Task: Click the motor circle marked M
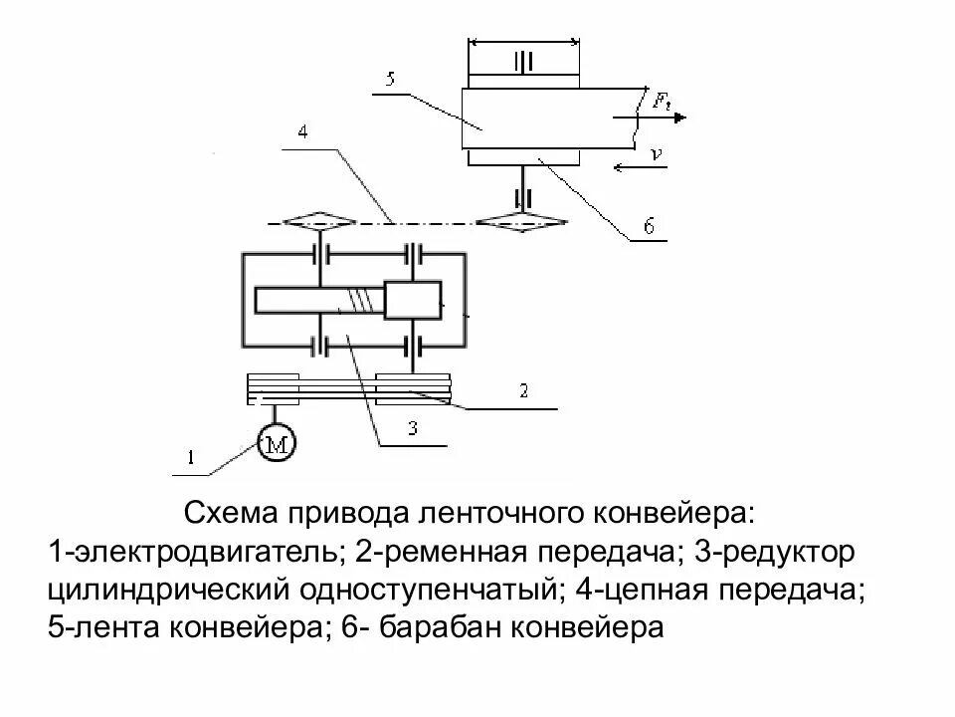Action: pos(277,445)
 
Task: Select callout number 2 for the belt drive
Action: pos(523,392)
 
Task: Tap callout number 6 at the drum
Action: pos(648,227)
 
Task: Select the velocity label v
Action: pos(656,153)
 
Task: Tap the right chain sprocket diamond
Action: pos(521,221)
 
